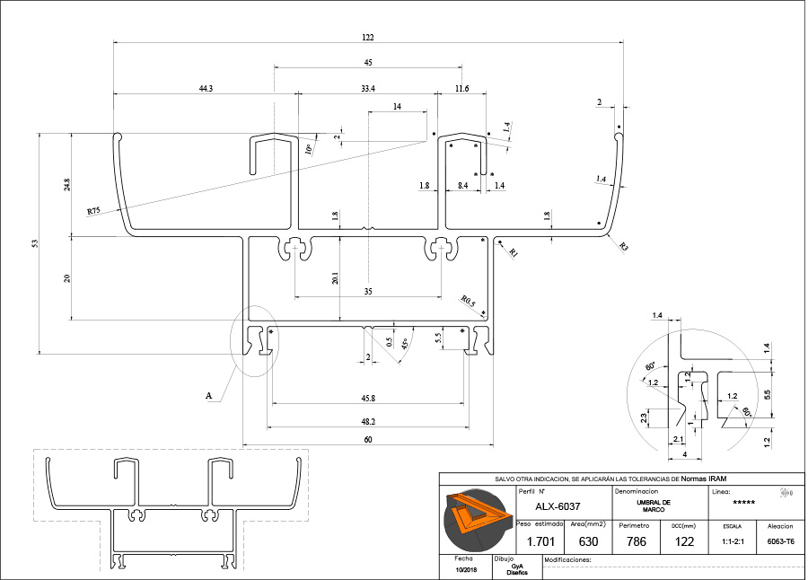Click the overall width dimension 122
pos(368,38)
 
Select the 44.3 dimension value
pos(206,88)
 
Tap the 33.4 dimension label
pos(367,88)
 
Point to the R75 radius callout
pos(93,211)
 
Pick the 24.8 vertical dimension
pos(66,185)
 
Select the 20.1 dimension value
pos(335,277)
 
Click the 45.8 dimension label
pos(367,398)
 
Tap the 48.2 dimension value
pos(367,420)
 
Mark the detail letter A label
pos(209,395)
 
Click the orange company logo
pos(476,520)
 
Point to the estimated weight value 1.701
pos(539,541)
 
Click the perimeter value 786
pos(634,541)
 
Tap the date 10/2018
pos(467,570)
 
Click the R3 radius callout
pos(623,246)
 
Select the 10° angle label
pos(310,148)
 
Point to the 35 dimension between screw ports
pos(367,291)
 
